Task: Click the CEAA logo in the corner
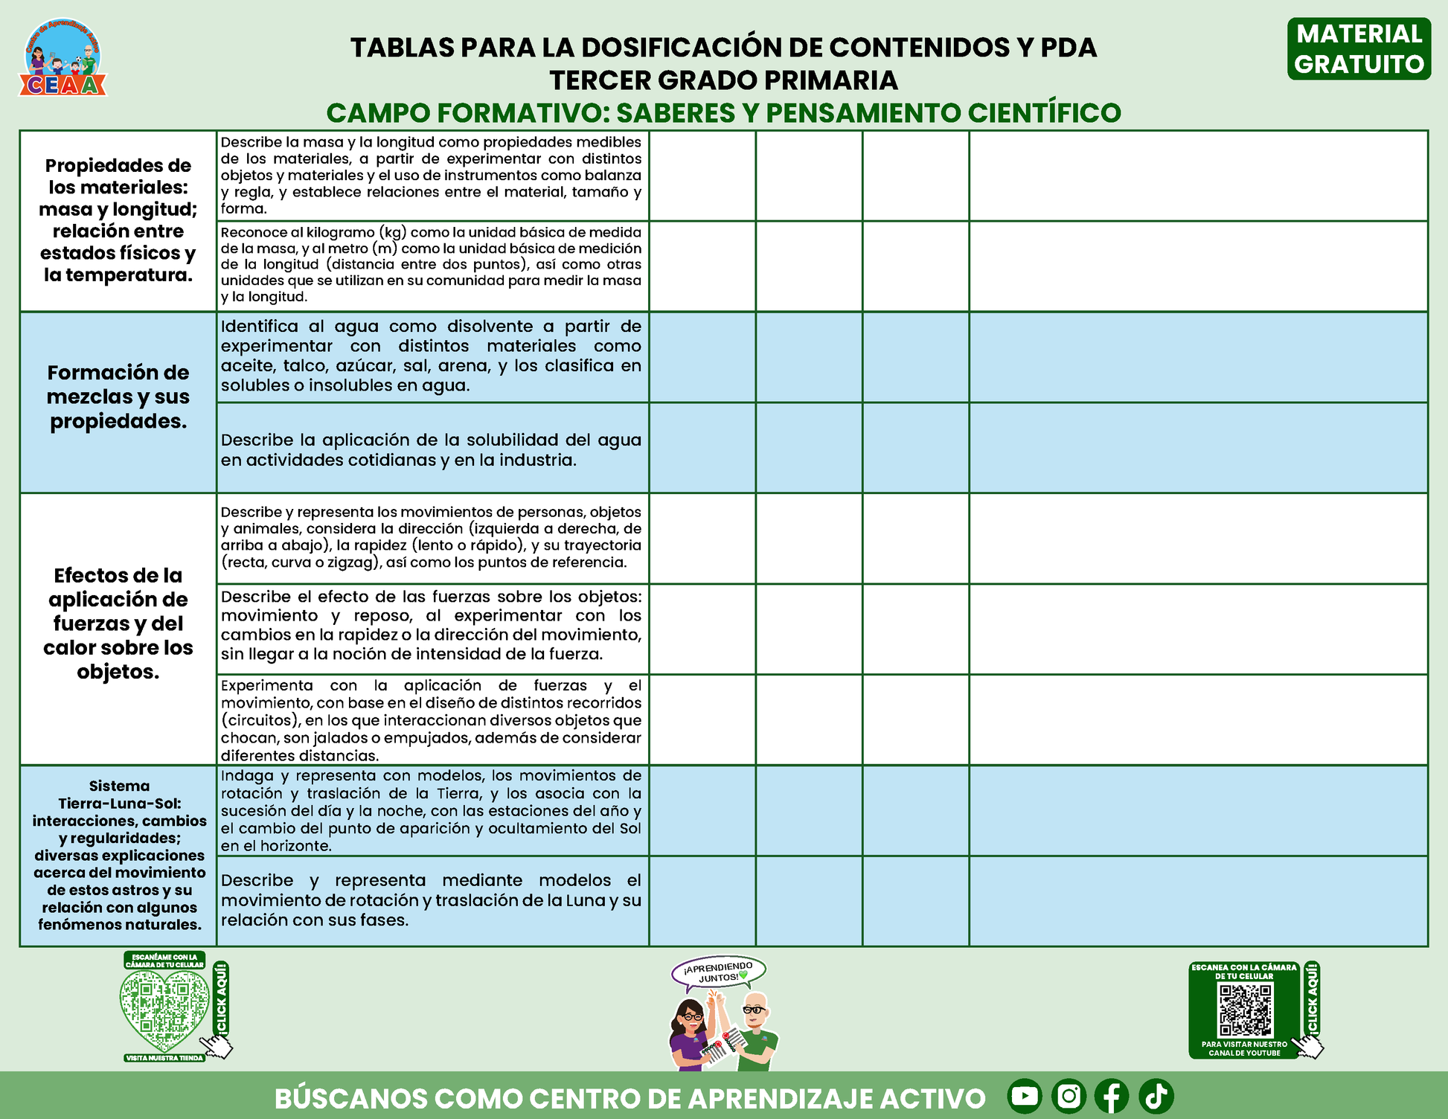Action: click(x=63, y=58)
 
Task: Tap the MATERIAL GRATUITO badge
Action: click(x=1359, y=49)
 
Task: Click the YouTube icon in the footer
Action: click(x=1025, y=1096)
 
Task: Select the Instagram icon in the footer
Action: click(x=1069, y=1096)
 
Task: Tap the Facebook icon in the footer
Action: click(x=1112, y=1096)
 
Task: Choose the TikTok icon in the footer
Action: click(x=1156, y=1096)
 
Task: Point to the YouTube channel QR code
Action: click(x=1245, y=1010)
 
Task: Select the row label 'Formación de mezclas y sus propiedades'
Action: click(x=118, y=397)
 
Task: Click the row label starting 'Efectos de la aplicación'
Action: click(x=118, y=623)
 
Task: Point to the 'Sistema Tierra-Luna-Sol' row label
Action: click(x=119, y=855)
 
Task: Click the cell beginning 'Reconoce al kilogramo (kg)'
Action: click(x=432, y=265)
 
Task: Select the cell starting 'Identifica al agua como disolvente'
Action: click(x=432, y=356)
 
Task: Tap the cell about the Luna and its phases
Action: click(x=432, y=900)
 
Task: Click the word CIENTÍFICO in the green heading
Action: click(x=1044, y=113)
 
